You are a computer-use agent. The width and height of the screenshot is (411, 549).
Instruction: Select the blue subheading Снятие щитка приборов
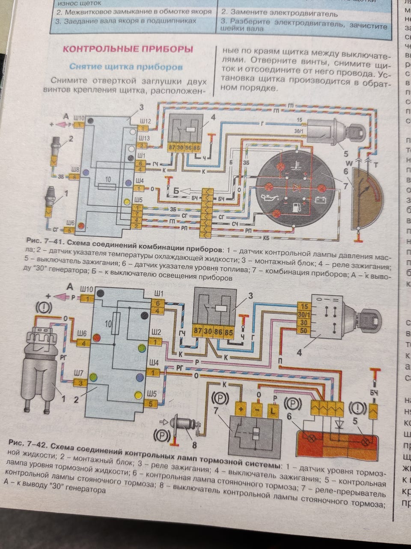(126, 67)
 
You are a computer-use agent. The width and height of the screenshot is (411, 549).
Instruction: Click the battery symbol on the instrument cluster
(320, 200)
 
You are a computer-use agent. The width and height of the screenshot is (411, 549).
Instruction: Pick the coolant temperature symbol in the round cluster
(295, 164)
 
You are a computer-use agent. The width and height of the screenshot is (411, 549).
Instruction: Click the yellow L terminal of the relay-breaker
(274, 410)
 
